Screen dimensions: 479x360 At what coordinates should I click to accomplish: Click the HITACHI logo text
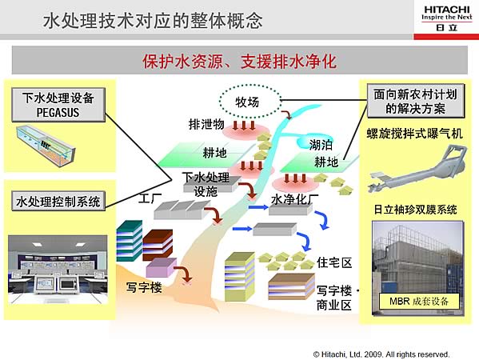[446, 10]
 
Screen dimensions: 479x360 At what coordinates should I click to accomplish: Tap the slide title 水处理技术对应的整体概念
[153, 21]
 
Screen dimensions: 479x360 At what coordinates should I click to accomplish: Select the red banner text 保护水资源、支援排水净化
[240, 61]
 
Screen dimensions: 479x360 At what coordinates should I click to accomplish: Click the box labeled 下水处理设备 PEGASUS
[58, 105]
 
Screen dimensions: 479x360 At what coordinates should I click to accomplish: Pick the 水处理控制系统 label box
[58, 201]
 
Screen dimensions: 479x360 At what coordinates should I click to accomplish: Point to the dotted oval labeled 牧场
[250, 101]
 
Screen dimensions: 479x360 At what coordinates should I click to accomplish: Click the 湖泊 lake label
[321, 145]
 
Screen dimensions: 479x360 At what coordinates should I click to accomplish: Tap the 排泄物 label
[206, 124]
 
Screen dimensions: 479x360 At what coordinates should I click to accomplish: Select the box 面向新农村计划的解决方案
[416, 101]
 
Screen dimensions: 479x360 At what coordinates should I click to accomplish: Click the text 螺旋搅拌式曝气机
[415, 134]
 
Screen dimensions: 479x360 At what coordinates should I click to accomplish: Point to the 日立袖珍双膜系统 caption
[416, 210]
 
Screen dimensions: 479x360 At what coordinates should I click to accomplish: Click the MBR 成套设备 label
[419, 302]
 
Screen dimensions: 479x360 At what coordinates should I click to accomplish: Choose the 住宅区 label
[334, 262]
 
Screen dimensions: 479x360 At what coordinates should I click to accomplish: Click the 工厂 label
[150, 198]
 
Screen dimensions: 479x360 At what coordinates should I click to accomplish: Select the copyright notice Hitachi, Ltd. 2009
[381, 354]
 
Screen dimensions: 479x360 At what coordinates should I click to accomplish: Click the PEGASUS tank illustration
[46, 146]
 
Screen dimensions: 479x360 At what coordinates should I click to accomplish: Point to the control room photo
[58, 270]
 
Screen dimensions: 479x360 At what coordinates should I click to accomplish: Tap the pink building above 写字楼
[162, 267]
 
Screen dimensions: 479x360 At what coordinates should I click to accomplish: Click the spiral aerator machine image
[417, 169]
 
